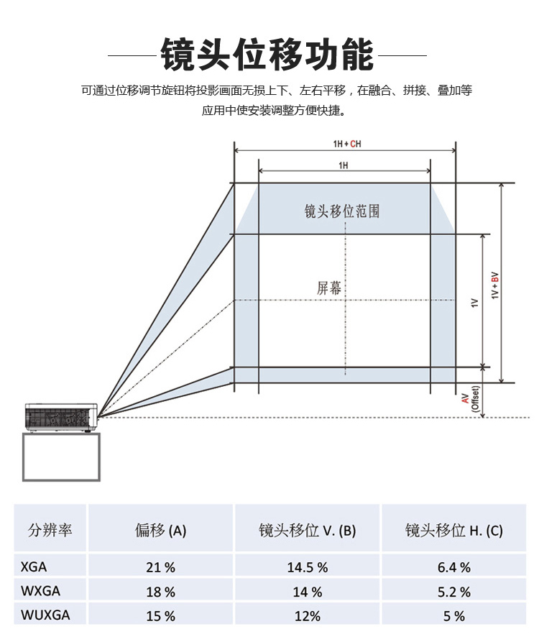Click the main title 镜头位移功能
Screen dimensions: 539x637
click(267, 55)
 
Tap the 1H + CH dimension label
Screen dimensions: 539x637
click(347, 144)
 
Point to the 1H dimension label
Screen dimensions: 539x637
click(344, 165)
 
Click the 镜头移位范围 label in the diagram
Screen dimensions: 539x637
click(342, 211)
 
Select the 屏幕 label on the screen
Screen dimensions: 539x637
click(329, 288)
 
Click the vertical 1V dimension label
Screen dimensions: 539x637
click(474, 303)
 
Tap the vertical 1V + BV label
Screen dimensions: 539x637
click(494, 285)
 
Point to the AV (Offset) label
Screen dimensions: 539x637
click(470, 399)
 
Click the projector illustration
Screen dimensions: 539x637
click(61, 418)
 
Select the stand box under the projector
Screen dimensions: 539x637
click(61, 457)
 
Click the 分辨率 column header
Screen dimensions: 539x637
click(50, 530)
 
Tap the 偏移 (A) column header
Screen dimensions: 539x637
click(160, 531)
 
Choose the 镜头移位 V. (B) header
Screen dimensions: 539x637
click(307, 531)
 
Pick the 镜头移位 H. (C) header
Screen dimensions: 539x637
click(453, 531)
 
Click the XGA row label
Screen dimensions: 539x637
click(34, 567)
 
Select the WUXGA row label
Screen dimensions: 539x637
click(45, 615)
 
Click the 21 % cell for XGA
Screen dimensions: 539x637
click(160, 567)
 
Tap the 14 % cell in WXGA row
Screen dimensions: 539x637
click(308, 592)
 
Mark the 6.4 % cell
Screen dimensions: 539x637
click(453, 567)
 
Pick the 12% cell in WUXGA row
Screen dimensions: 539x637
click(308, 616)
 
